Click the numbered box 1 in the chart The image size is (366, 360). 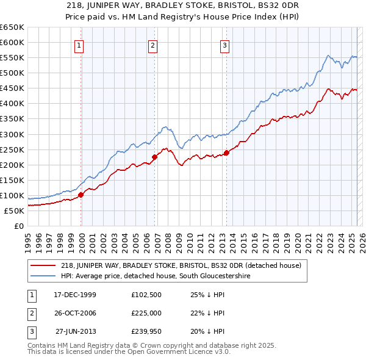coord(80,45)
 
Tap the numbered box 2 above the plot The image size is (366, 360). coord(152,45)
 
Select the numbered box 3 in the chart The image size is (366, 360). coord(224,45)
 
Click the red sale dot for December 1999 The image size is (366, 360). coord(81,195)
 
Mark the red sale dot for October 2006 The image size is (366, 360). coord(154,157)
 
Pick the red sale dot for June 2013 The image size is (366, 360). coord(226,153)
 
